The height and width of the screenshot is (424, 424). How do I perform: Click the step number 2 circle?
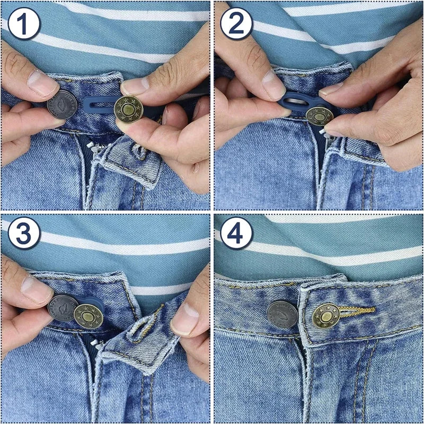236,23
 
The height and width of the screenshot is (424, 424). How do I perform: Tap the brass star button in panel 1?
129,111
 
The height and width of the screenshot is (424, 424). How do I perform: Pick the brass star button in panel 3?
88,316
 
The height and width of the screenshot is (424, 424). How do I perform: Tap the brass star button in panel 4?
325,316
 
